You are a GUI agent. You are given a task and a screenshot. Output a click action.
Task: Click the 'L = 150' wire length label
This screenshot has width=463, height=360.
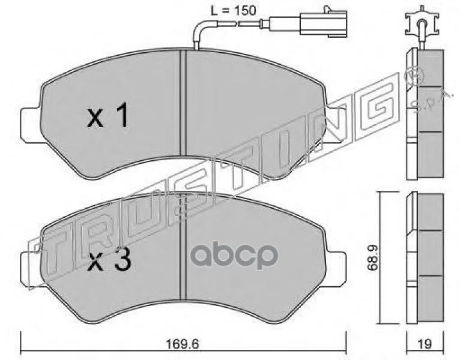[x=233, y=11]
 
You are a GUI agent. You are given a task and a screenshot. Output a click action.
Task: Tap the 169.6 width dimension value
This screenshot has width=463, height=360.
[x=183, y=344]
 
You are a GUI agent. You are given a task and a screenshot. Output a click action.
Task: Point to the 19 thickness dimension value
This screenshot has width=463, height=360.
[x=425, y=344]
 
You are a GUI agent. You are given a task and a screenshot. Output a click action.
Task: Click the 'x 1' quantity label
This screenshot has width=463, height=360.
[x=107, y=115]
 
